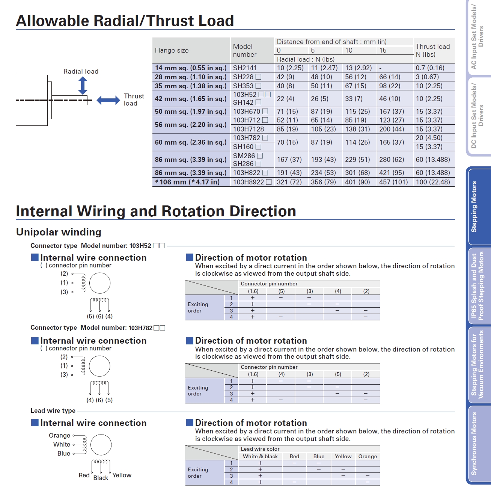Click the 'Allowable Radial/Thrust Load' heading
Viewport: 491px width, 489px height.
(x=125, y=21)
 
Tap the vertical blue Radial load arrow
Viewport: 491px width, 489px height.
(x=83, y=86)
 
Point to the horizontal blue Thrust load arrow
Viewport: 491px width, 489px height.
(x=108, y=100)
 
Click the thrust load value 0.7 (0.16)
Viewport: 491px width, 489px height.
(x=430, y=68)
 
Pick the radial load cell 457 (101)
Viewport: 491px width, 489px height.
(x=393, y=182)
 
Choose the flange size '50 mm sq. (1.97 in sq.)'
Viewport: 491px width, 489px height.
(x=191, y=112)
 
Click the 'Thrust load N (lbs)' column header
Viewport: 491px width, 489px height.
(x=432, y=50)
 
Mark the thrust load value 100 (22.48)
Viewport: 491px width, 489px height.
(x=432, y=182)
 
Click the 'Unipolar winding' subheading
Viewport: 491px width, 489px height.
(x=59, y=232)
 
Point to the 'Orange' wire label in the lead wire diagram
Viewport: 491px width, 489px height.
(x=59, y=435)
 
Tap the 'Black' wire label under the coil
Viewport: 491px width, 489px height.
(x=101, y=478)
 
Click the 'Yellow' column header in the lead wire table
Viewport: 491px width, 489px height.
(x=343, y=456)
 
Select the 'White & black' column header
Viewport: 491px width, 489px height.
(x=260, y=456)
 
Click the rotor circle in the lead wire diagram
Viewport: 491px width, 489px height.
(x=101, y=445)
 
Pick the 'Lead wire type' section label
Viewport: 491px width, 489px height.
(x=53, y=411)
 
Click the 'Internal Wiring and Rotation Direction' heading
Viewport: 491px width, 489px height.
(x=156, y=211)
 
